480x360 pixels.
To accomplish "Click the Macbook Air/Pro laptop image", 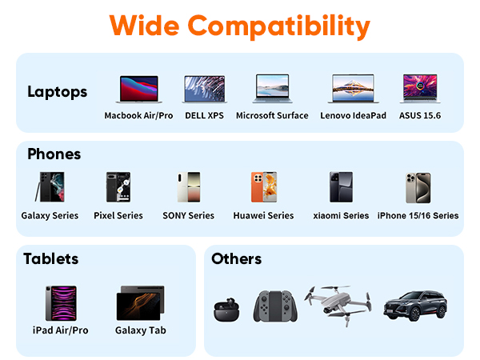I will click(x=138, y=90).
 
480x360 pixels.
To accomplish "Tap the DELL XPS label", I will click(x=204, y=116).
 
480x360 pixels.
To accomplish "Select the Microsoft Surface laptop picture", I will click(x=271, y=90).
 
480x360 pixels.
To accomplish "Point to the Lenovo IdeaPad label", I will click(x=353, y=116).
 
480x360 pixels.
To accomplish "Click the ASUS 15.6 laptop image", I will click(x=420, y=90).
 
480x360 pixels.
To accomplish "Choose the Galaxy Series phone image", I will click(x=47, y=188).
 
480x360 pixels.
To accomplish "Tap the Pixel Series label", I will click(x=118, y=215).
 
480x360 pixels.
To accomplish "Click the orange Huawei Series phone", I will click(x=263, y=188).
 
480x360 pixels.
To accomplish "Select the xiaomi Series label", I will click(x=341, y=215).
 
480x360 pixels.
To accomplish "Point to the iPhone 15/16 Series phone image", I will click(x=417, y=188).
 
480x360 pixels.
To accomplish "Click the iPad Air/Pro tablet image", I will click(x=60, y=303).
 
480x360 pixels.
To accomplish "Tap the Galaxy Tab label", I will click(x=141, y=330).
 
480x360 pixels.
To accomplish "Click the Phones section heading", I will click(x=54, y=154).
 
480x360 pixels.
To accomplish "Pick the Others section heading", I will click(x=236, y=258).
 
